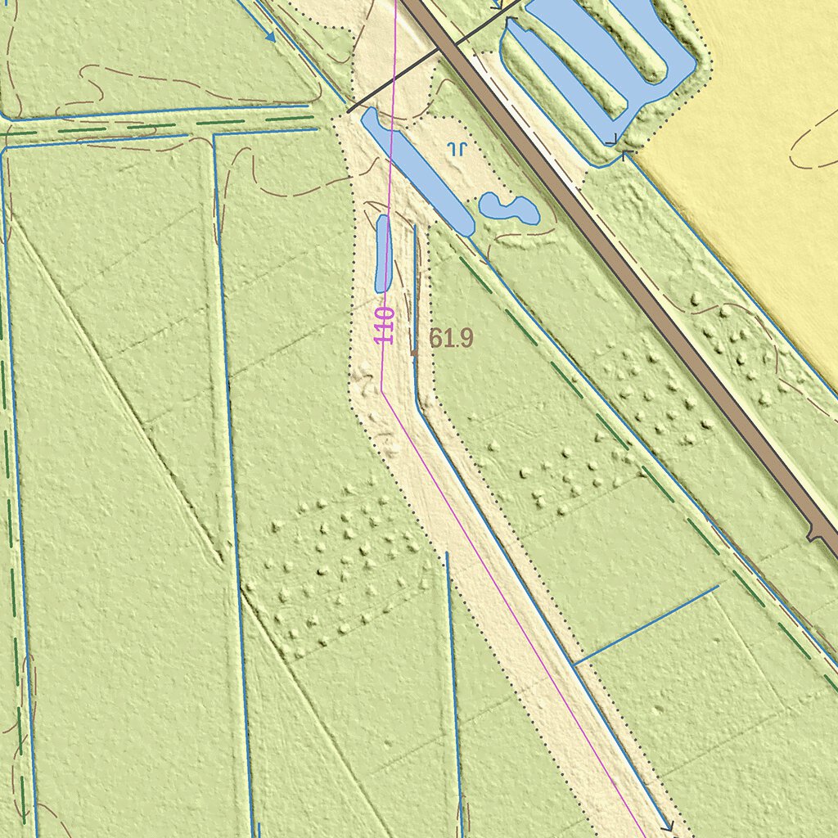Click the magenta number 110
386,325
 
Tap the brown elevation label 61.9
451,338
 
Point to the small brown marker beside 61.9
414,352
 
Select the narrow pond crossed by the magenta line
382,254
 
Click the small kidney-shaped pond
508,208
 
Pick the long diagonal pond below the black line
417,172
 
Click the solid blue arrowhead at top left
269,36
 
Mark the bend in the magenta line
382,390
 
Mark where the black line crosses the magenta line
394,80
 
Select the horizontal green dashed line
164,128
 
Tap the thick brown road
622,270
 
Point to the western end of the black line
349,111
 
